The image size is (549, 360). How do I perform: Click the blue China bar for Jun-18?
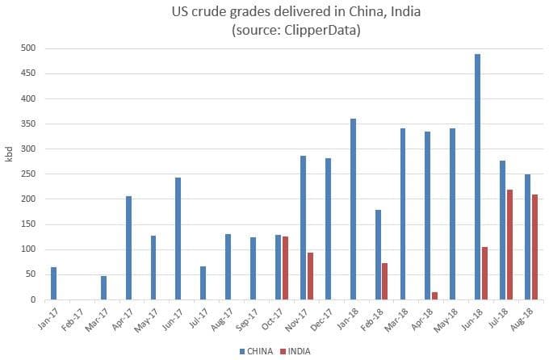point(478,177)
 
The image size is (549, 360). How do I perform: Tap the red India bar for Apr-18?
point(435,295)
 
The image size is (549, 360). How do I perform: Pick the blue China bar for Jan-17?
point(54,283)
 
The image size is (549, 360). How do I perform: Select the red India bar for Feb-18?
point(385,281)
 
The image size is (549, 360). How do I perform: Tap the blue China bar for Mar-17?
point(104,287)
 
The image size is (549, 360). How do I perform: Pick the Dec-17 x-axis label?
point(323,318)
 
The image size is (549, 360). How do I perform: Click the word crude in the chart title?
point(216,12)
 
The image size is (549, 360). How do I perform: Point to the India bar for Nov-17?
point(311,276)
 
